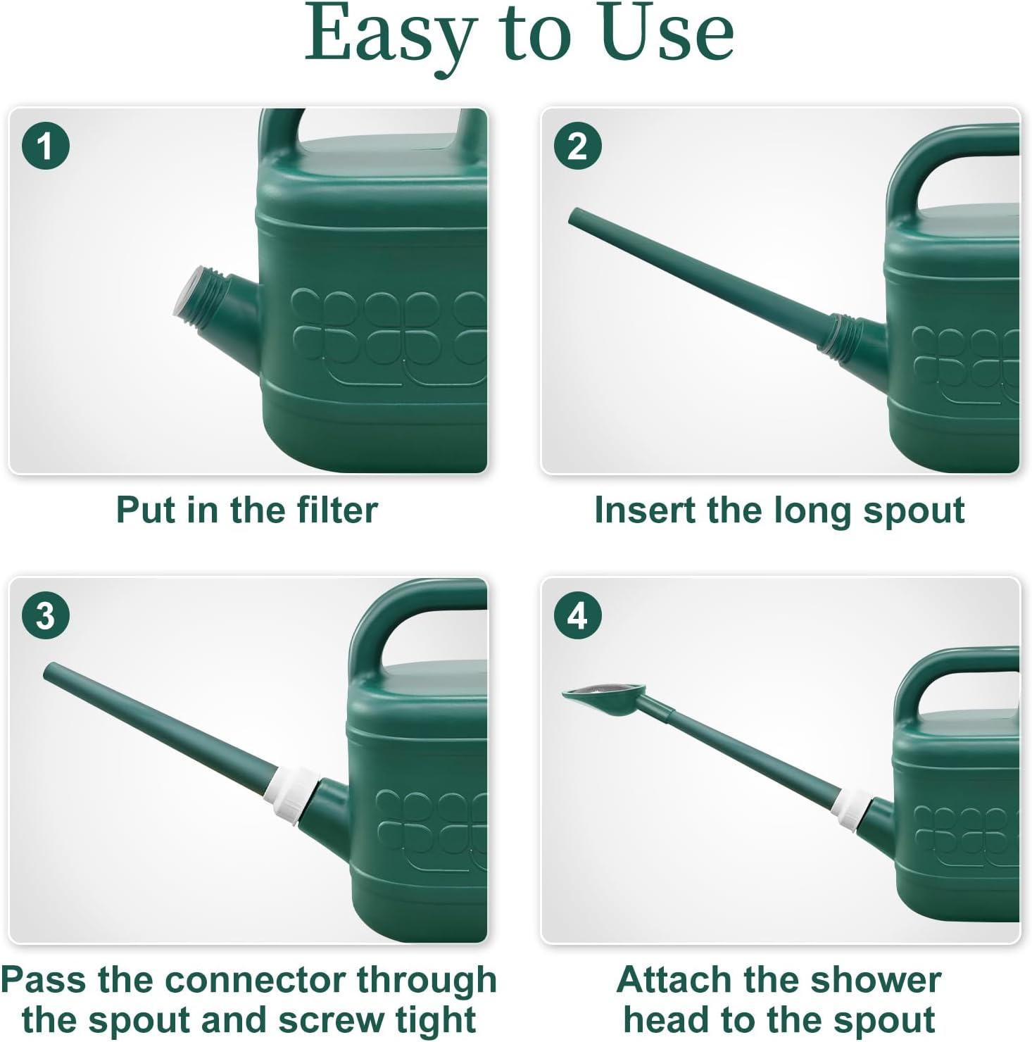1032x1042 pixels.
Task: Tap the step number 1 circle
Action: pyautogui.click(x=46, y=146)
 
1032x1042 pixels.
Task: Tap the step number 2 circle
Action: pyautogui.click(x=577, y=146)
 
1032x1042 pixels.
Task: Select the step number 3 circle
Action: pyautogui.click(x=46, y=616)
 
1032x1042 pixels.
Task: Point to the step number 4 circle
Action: pyautogui.click(x=577, y=616)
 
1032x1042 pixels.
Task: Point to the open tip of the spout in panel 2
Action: pyautogui.click(x=574, y=215)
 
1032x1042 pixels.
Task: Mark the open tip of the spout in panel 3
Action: pyautogui.click(x=51, y=671)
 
